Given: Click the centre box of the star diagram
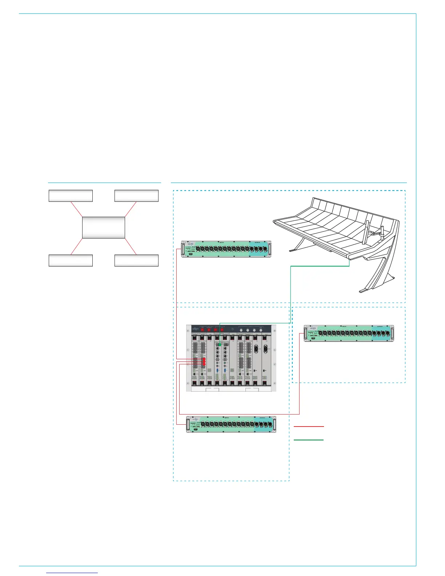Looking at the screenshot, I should [x=104, y=228].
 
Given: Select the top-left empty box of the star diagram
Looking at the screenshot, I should [x=71, y=196].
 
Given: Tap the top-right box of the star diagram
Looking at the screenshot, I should [x=136, y=196].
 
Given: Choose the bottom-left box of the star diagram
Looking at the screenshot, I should [x=71, y=260].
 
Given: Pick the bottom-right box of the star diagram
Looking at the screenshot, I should [x=136, y=260].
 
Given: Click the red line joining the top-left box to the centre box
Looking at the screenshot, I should [x=77, y=209].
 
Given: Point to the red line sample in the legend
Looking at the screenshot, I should [x=308, y=426].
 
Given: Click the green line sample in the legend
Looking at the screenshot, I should [x=308, y=440].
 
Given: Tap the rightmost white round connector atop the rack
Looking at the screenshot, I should [x=261, y=330].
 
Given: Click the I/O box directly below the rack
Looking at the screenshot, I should [x=231, y=424].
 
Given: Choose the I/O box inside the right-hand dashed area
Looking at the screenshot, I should [x=349, y=333].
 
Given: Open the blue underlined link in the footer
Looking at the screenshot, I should [x=72, y=573].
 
